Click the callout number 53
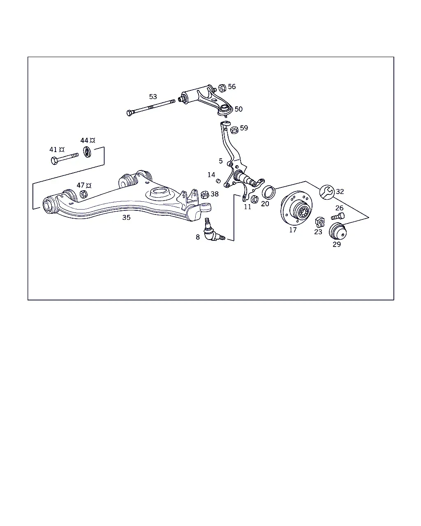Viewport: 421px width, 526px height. click(153, 97)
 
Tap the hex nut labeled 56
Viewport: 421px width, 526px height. click(222, 88)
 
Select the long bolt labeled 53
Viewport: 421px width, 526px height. click(151, 108)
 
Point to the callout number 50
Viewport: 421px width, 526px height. click(238, 109)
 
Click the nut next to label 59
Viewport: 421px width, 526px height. click(234, 130)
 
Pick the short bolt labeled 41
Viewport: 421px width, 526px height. click(65, 159)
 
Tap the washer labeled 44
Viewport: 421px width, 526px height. click(87, 152)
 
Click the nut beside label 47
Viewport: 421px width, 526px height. click(83, 194)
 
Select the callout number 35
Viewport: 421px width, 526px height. click(127, 217)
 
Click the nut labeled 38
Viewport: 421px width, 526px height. click(205, 194)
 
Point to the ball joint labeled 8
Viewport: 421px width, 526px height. click(213, 231)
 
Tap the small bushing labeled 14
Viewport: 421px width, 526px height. click(218, 181)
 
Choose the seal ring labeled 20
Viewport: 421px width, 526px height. click(268, 192)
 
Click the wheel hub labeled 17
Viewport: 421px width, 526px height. click(296, 208)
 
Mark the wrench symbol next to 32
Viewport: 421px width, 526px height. click(327, 192)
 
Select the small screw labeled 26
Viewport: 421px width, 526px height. click(338, 216)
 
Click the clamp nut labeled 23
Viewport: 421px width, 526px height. click(320, 222)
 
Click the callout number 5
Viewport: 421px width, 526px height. click(221, 161)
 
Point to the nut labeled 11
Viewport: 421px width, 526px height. click(254, 199)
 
